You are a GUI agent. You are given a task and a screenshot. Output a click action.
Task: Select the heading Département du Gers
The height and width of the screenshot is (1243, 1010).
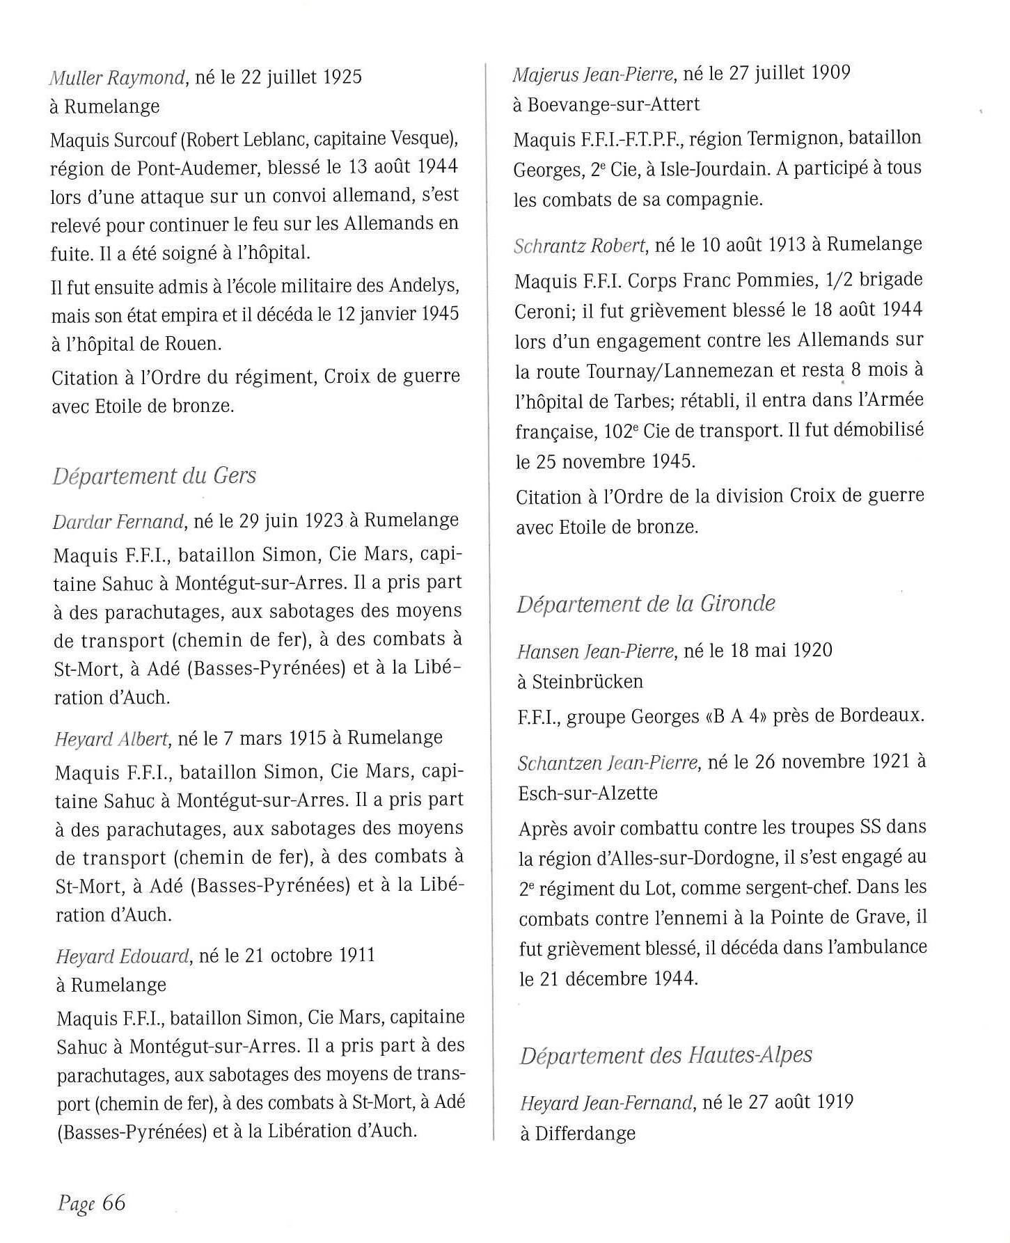pyautogui.click(x=155, y=476)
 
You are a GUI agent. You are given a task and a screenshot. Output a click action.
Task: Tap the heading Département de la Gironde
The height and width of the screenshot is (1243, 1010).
pyautogui.click(x=645, y=603)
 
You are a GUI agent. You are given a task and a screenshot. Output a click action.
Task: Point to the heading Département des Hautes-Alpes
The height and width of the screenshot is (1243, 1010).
pyautogui.click(x=666, y=1055)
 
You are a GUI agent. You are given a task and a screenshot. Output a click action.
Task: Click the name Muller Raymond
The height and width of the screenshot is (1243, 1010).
pyautogui.click(x=117, y=77)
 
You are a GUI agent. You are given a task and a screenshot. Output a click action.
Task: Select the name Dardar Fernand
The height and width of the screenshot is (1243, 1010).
pyautogui.click(x=118, y=521)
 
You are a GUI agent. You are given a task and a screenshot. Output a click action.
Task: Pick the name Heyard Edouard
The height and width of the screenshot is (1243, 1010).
pyautogui.click(x=123, y=956)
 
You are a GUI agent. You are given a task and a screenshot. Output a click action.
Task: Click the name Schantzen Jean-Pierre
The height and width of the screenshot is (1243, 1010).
pyautogui.click(x=607, y=763)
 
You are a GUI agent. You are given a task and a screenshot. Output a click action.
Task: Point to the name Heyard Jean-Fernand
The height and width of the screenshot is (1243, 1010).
pyautogui.click(x=606, y=1103)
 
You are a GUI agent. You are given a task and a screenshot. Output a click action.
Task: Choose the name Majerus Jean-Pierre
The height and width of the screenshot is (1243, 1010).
pyautogui.click(x=593, y=74)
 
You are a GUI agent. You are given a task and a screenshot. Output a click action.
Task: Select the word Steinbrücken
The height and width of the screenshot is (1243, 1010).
pyautogui.click(x=587, y=681)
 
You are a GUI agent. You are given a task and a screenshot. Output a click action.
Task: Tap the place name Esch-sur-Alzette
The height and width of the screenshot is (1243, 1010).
pyautogui.click(x=588, y=793)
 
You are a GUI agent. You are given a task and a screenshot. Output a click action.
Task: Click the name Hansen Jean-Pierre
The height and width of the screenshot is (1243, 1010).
pyautogui.click(x=595, y=651)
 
